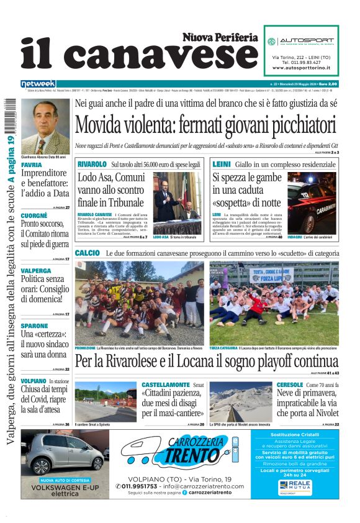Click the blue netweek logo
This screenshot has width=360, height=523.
pos(38,84)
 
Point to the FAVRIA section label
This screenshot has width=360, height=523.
pos(31,165)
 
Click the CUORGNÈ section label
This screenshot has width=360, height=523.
pos(35,215)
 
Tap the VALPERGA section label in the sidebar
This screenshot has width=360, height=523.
pos(36,271)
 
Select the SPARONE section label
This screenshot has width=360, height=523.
pos(34,325)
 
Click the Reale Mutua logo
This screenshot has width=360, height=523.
pos(299,484)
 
